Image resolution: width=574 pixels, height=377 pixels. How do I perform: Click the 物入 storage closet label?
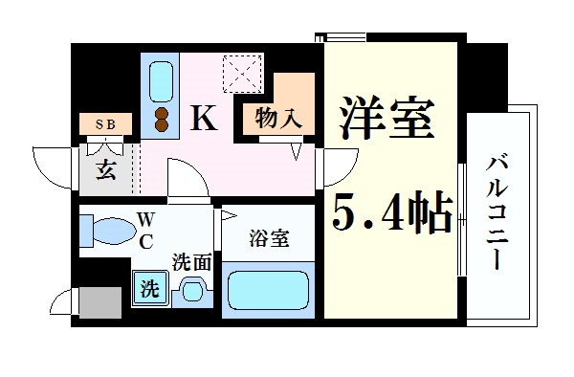[x=278, y=119]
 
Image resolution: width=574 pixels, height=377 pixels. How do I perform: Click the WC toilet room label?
[x=146, y=230]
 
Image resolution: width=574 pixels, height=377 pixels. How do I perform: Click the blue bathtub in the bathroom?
[x=270, y=290]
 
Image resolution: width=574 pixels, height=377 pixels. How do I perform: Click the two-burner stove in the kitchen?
[x=161, y=118]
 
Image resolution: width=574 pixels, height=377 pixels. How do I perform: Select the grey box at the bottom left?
[x=98, y=303]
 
